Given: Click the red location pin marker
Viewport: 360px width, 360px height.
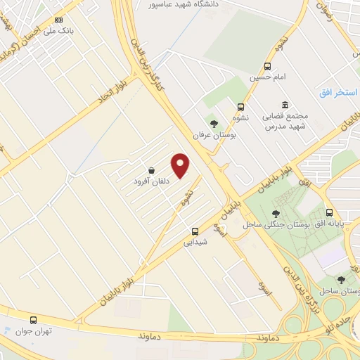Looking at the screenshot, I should click(x=181, y=165).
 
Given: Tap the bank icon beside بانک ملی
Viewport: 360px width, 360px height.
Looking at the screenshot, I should click(x=58, y=20).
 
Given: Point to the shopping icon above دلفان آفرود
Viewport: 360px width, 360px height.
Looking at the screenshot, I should click(x=152, y=170).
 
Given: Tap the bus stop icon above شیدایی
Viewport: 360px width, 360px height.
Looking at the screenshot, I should click(x=195, y=231).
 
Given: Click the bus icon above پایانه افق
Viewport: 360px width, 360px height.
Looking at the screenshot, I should click(x=330, y=212).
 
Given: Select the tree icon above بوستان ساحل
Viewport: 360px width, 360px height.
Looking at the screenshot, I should click(x=341, y=279).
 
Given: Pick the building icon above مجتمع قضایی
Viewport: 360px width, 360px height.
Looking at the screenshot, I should click(x=285, y=104).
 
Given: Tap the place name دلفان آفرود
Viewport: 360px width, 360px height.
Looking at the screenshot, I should click(x=152, y=181).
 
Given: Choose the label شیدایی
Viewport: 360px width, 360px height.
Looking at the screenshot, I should click(x=195, y=242).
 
